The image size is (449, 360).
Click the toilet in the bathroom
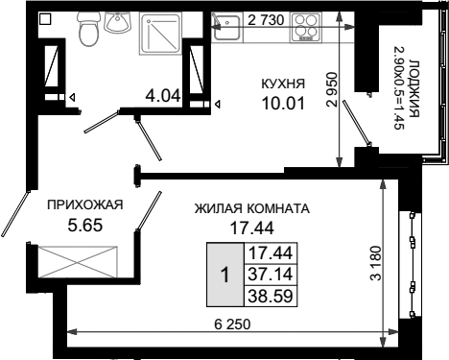click(88, 30)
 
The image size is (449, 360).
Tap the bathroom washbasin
click(118, 22)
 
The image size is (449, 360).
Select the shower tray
click(160, 34)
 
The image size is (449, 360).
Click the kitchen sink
click(226, 27)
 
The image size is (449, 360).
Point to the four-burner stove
click(306, 27)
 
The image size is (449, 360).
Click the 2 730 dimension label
click(266, 20)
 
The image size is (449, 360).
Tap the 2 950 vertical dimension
click(332, 89)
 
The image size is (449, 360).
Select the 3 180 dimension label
click(377, 263)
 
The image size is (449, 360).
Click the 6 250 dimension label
click(232, 324)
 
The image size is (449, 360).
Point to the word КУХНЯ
click(283, 84)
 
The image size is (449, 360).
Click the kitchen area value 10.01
click(283, 103)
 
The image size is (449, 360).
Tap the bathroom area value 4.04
click(163, 95)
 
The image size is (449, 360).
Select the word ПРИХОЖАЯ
click(85, 204)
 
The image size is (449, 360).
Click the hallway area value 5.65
click(85, 226)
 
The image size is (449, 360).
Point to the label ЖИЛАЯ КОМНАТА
click(252, 208)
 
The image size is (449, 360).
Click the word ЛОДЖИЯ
click(414, 88)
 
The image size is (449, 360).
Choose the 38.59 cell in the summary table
click(271, 296)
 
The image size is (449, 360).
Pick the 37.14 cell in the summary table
click(271, 275)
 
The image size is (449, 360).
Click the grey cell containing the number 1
click(225, 275)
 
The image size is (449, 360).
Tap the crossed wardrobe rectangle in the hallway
click(78, 262)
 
